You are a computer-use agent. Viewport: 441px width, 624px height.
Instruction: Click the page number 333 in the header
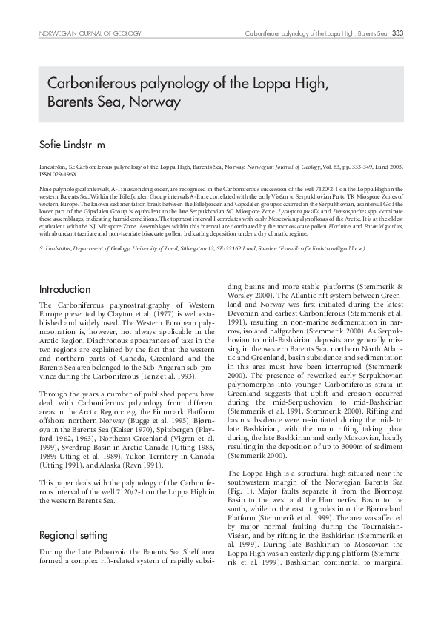(397, 33)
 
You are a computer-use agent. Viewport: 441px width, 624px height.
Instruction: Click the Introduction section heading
(64, 288)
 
